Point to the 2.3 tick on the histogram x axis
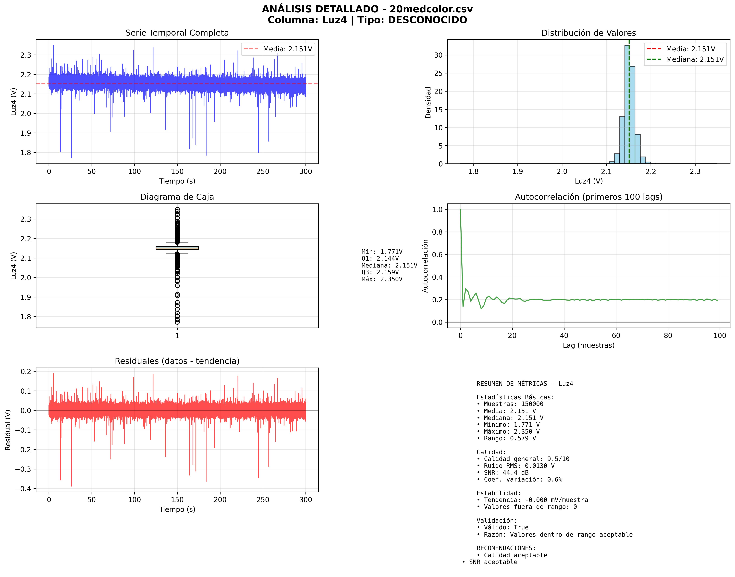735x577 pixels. pyautogui.click(x=695, y=171)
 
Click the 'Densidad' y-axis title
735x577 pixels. pyautogui.click(x=428, y=102)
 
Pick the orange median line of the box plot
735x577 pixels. pyautogui.click(x=177, y=248)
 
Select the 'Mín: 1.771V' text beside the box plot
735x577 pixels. pyautogui.click(x=382, y=252)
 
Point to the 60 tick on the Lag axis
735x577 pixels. pyautogui.click(x=616, y=335)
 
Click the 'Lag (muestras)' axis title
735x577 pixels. pyautogui.click(x=588, y=345)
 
